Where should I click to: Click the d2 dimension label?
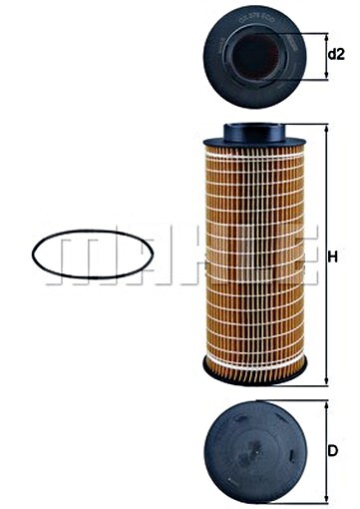pos(338,54)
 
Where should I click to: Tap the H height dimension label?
pos(333,255)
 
